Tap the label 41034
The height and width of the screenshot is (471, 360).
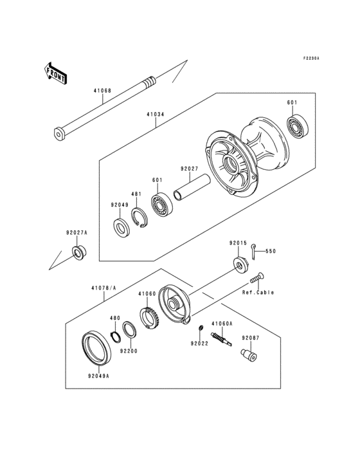pos(155,115)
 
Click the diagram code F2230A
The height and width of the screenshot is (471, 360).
pos(311,58)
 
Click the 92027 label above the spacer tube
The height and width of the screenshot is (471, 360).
pos(188,169)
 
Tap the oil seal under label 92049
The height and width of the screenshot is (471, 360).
pos(120,228)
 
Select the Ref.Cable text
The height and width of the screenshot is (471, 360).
pos(258,293)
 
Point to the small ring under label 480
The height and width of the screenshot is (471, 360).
pos(116,337)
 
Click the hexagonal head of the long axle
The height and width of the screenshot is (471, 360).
pos(60,134)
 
